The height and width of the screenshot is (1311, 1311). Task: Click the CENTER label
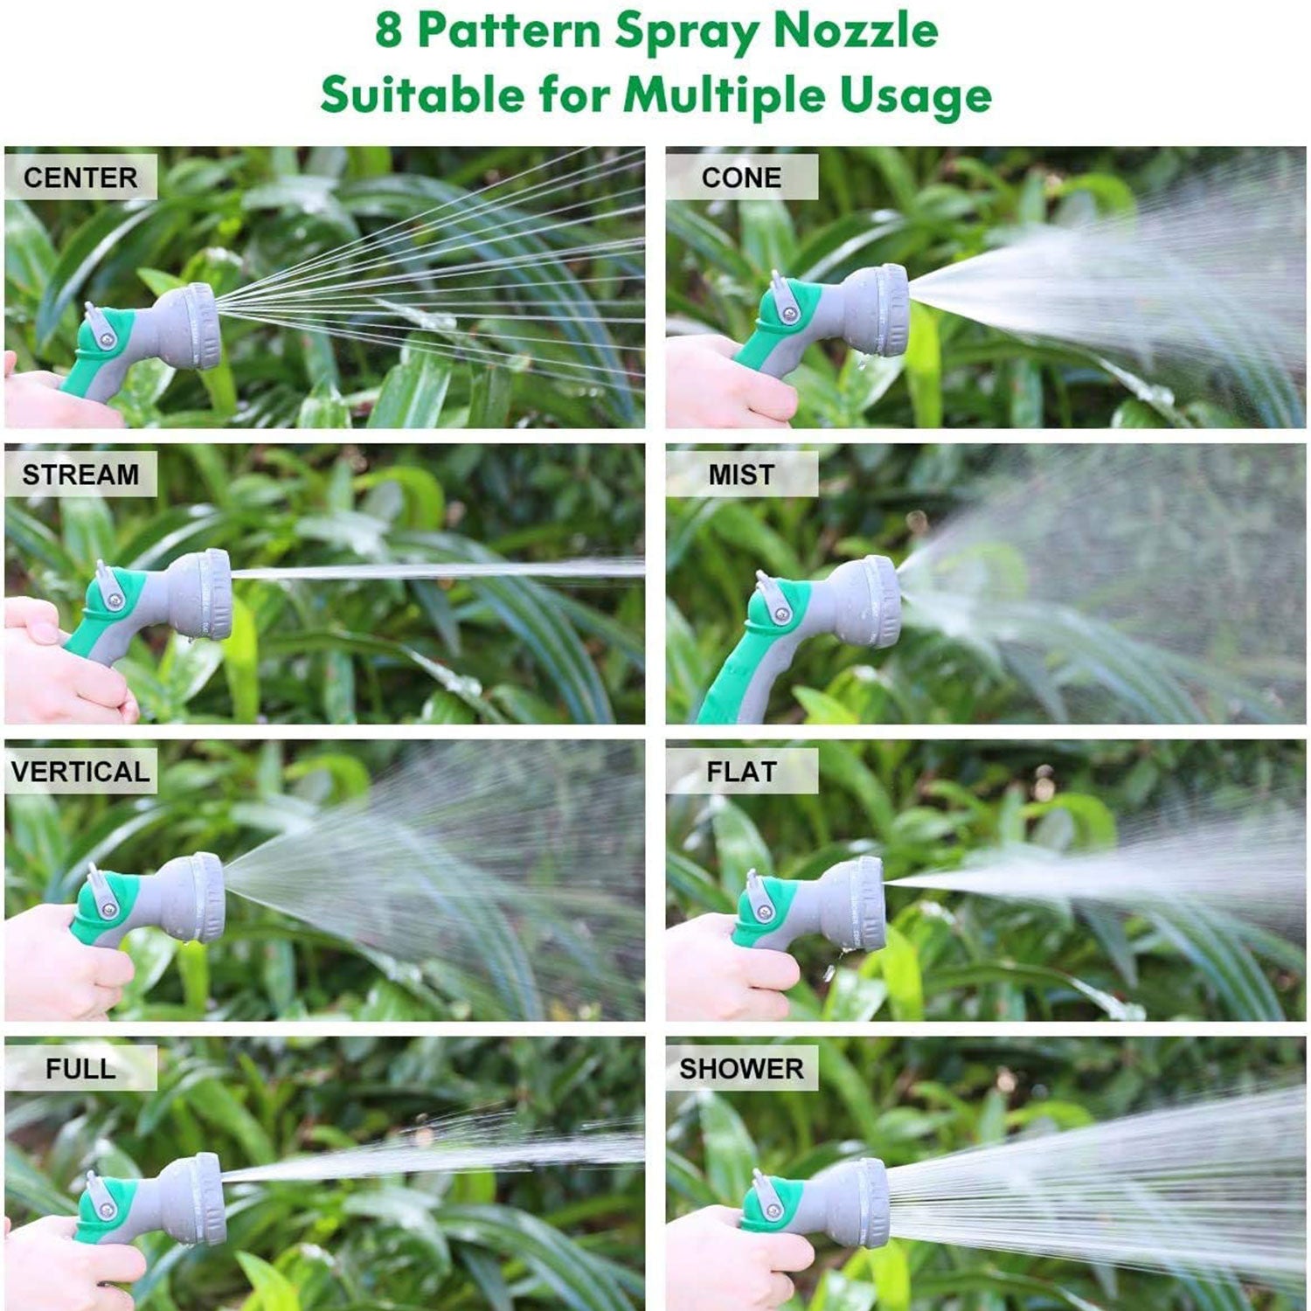(x=80, y=177)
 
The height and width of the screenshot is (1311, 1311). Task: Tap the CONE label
(x=741, y=177)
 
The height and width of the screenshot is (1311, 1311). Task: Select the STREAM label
(x=80, y=475)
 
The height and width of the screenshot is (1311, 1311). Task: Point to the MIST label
(x=741, y=475)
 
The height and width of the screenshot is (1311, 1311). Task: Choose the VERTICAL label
(x=80, y=772)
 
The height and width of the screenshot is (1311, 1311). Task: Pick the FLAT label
(x=741, y=772)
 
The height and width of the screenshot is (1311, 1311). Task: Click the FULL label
(x=80, y=1068)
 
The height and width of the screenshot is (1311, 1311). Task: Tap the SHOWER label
(x=741, y=1068)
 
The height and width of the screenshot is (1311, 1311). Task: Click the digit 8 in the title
(x=389, y=31)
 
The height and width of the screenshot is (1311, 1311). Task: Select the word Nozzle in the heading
(x=856, y=31)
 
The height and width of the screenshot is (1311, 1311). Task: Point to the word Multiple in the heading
(x=724, y=94)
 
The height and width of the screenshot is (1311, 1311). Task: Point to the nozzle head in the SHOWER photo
(x=861, y=1202)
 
